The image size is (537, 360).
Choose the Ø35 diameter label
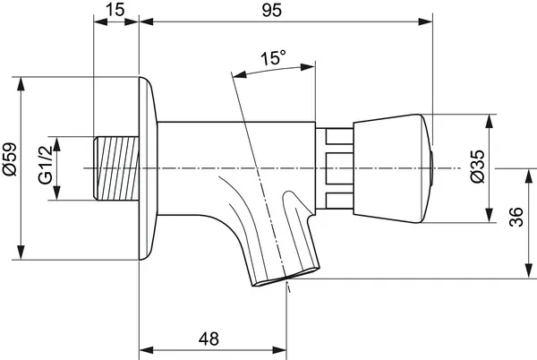click(477, 167)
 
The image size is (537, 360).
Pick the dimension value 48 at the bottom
click(209, 339)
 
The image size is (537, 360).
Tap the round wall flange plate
click(149, 167)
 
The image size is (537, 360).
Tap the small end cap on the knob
click(433, 167)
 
